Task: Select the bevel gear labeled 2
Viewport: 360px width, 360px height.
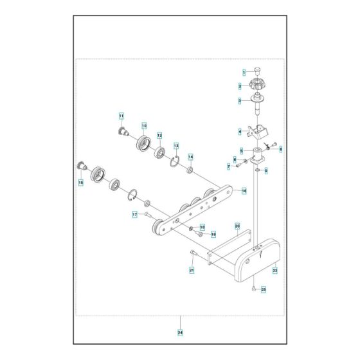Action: (x=257, y=84)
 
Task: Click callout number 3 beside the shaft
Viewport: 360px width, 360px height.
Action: (x=240, y=100)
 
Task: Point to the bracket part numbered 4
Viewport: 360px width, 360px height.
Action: (x=260, y=131)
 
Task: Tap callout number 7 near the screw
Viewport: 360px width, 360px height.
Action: (x=228, y=166)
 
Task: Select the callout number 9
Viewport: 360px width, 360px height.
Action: (x=266, y=170)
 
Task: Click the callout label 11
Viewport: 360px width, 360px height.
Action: (x=120, y=116)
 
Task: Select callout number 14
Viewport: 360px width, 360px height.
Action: (x=190, y=157)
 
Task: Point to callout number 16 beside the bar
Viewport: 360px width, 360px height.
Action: (x=244, y=190)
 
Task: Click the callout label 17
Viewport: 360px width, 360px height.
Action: (x=134, y=214)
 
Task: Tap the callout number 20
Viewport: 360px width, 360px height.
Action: (x=237, y=226)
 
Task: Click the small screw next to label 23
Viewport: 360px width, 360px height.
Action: (x=255, y=289)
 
